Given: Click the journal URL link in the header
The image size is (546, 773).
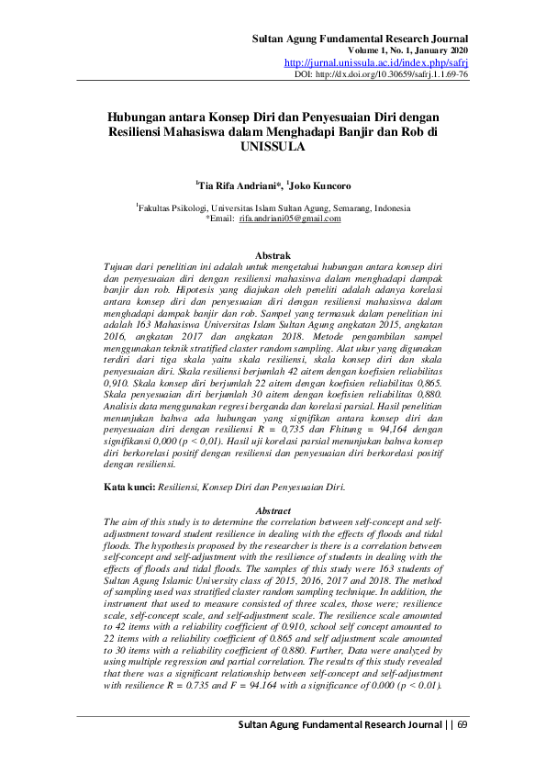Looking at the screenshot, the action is click(x=376, y=62).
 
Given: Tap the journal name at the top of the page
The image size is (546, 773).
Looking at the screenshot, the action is click(x=360, y=38).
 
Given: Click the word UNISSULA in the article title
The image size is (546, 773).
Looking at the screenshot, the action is click(x=273, y=145).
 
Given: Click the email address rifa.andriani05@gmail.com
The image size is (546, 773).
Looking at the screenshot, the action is click(x=290, y=219).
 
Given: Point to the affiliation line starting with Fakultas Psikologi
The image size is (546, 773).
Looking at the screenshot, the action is click(x=273, y=208).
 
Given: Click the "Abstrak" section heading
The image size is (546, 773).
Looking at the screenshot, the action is click(x=273, y=254).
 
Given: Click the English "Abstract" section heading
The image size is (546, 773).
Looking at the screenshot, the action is click(x=273, y=510).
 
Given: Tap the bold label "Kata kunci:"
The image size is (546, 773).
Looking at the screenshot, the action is click(x=129, y=487).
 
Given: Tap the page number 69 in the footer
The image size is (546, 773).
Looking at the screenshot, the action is click(x=462, y=726).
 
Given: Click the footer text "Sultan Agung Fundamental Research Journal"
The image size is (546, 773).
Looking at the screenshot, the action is click(x=335, y=726).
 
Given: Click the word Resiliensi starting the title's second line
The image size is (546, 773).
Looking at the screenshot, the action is click(x=140, y=131).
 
